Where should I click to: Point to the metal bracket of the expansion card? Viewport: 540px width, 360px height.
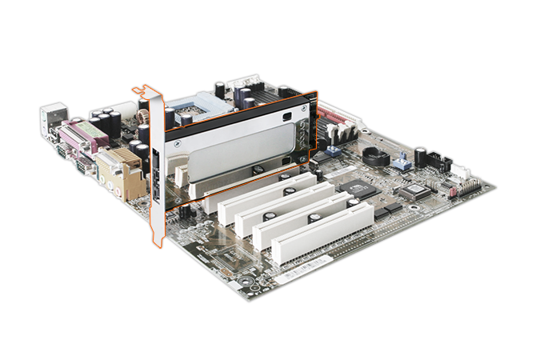[x=154, y=160]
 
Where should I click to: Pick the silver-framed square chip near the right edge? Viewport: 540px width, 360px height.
[x=415, y=191]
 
